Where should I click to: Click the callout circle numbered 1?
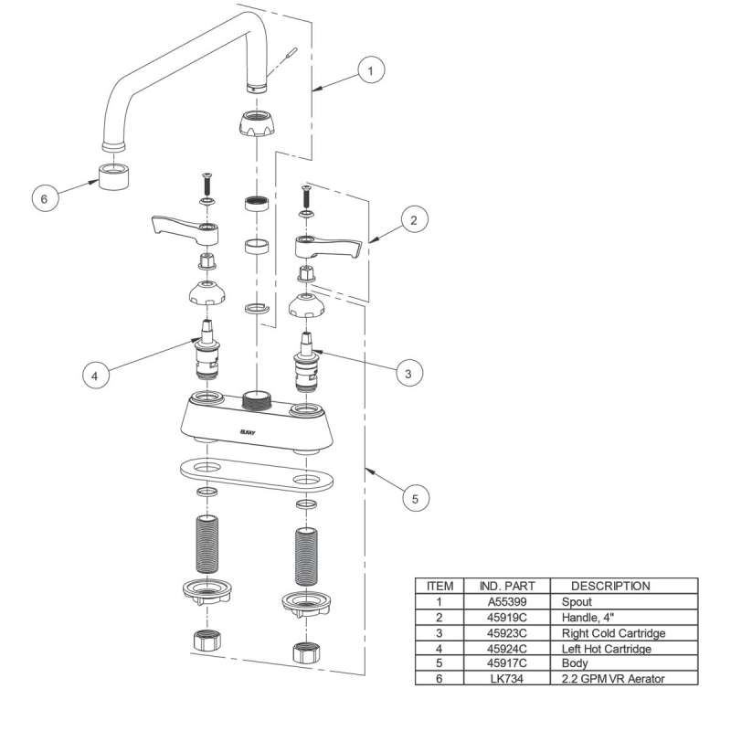click(370, 69)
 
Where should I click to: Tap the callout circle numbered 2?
click(413, 220)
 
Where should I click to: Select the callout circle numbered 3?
click(408, 373)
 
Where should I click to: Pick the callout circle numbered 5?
click(415, 499)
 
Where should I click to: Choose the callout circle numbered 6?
click(45, 196)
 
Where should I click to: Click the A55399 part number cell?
click(506, 602)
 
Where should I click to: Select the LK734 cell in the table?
click(506, 679)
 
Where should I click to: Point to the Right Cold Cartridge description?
click(613, 633)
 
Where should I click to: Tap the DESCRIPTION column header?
click(610, 586)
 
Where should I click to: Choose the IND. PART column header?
click(506, 586)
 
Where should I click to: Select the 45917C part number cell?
click(506, 663)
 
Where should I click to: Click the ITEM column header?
click(440, 586)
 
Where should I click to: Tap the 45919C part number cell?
click(506, 618)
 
